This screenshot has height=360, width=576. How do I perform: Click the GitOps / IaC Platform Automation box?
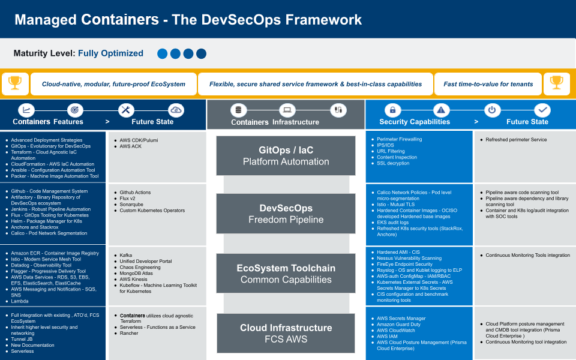click(x=286, y=156)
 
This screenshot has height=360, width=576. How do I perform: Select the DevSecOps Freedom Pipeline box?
click(x=286, y=214)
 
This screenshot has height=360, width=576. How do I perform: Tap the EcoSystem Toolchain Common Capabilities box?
click(x=286, y=274)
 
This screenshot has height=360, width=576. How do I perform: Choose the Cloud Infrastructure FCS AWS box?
click(x=286, y=333)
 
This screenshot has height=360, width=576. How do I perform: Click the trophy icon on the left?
click(x=15, y=83)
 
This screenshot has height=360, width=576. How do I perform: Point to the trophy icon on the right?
click(x=557, y=83)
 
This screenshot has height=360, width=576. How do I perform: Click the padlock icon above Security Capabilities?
click(x=392, y=110)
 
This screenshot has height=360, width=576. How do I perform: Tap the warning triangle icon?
click(x=441, y=110)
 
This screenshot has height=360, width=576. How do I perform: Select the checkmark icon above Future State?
click(x=542, y=110)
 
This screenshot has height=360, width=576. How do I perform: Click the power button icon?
click(x=492, y=110)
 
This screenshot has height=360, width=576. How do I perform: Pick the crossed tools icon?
click(x=126, y=110)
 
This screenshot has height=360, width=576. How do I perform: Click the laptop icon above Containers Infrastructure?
click(x=287, y=110)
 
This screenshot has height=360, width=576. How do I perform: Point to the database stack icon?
click(x=238, y=110)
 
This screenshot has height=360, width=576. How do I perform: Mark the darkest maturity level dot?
click(x=202, y=53)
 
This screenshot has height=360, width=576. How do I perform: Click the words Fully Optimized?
click(x=110, y=53)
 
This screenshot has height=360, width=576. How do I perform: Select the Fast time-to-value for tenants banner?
click(x=488, y=84)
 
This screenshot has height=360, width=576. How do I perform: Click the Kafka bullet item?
click(x=125, y=256)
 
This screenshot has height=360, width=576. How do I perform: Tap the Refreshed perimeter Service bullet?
click(x=516, y=140)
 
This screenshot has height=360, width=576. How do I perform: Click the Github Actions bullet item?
click(x=135, y=193)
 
